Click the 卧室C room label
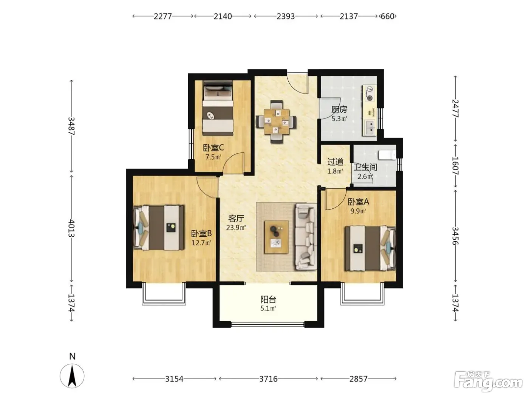[x=213, y=147]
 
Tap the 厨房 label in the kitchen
[x=339, y=110]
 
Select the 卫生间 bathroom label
[x=365, y=167]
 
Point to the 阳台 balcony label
[x=268, y=299]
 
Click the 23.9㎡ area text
[x=236, y=228]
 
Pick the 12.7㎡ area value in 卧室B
[x=201, y=243]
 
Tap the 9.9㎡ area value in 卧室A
[x=358, y=211]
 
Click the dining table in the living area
[x=276, y=121]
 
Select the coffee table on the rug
[x=276, y=237]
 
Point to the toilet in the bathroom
[x=387, y=155]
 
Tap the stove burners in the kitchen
[x=369, y=93]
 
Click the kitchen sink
[x=370, y=128]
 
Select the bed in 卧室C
[x=218, y=109]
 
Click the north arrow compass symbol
[x=72, y=376]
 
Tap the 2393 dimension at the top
[x=286, y=16]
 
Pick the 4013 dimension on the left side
[x=71, y=228]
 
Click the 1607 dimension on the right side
[x=455, y=166]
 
